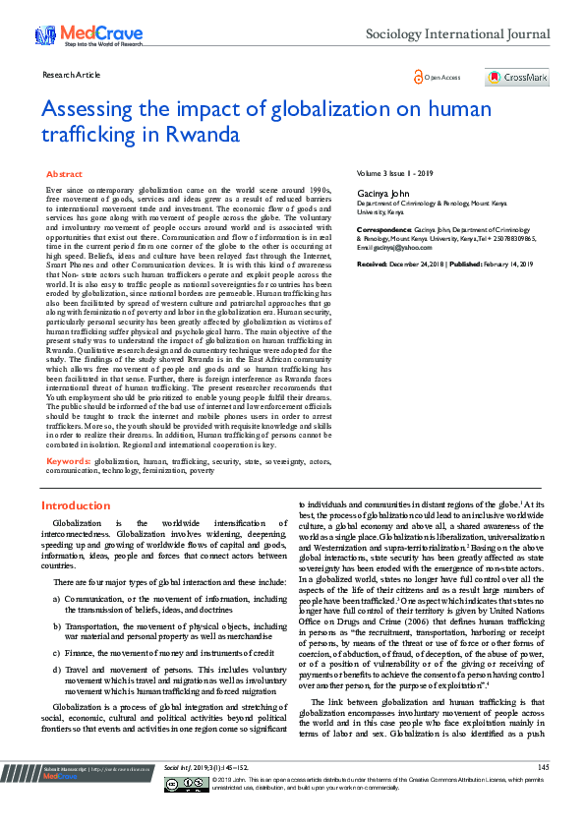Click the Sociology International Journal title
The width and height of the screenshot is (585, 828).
pyautogui.click(x=457, y=35)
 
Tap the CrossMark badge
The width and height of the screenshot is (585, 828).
pyautogui.click(x=516, y=77)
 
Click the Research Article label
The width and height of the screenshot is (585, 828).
pyautogui.click(x=72, y=75)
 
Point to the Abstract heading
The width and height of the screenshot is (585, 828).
pyautogui.click(x=64, y=173)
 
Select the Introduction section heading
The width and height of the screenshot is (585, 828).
pyautogui.click(x=76, y=505)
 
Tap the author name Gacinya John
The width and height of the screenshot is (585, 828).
pyautogui.click(x=381, y=194)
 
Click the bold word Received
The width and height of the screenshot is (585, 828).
pyautogui.click(x=372, y=265)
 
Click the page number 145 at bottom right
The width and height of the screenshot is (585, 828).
pyautogui.click(x=544, y=793)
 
